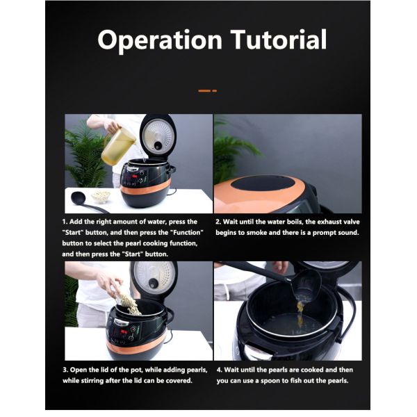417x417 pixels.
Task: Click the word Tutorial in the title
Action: coord(276,40)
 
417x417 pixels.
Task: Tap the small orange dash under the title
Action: coord(207,90)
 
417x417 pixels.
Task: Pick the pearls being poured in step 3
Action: coord(127,302)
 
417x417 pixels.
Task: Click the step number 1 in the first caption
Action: coord(64,222)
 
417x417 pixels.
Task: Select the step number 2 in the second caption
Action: coord(218,222)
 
